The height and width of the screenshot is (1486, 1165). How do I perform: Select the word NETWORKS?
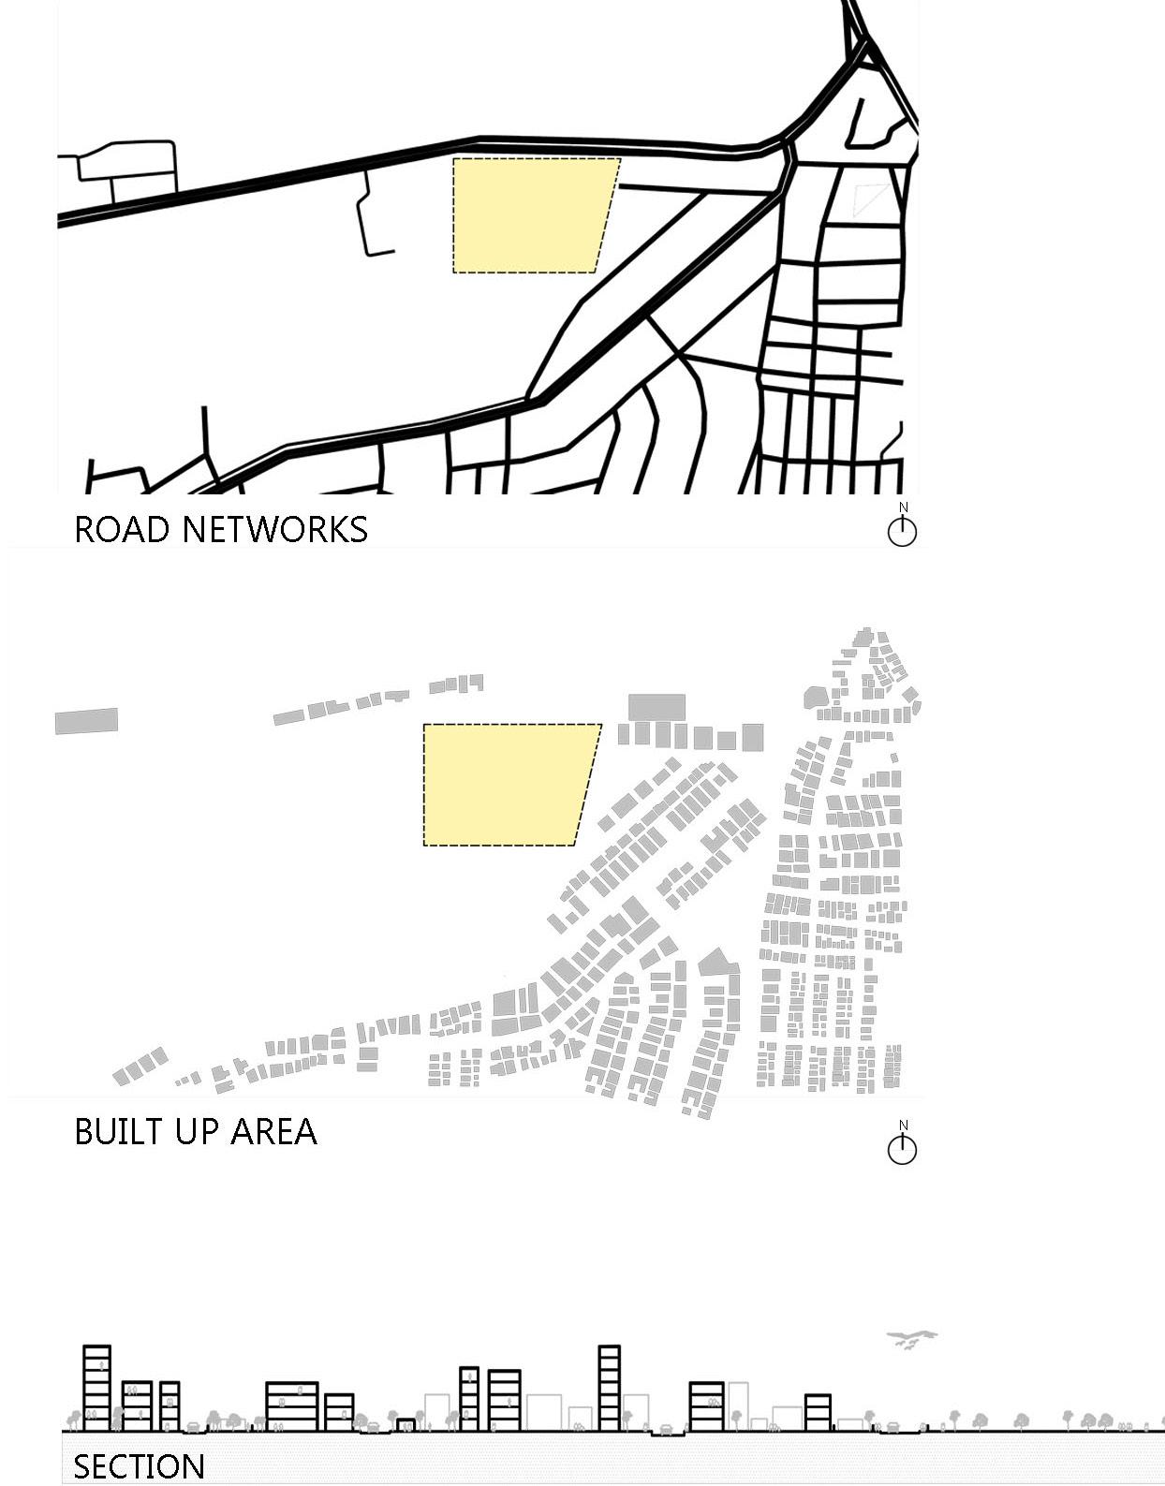274,529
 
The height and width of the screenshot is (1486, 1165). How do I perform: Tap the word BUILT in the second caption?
116,1131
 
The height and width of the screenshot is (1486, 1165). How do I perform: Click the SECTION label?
139,1466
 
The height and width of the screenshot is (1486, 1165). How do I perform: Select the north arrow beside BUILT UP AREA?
902,1146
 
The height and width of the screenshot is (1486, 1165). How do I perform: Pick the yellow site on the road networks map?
529,215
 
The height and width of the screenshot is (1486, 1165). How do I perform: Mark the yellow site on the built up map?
506,785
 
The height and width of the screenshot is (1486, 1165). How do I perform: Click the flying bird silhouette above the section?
910,1336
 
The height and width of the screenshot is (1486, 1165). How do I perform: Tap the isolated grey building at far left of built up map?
86,721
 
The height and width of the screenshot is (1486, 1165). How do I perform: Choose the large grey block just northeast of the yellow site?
656,707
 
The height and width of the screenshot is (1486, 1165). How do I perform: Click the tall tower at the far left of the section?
96,1388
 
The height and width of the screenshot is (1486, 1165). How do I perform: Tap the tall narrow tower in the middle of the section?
609,1388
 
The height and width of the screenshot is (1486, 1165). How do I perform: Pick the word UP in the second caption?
195,1131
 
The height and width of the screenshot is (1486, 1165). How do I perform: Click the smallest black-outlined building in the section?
406,1424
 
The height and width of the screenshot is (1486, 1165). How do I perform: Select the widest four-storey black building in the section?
292,1405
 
